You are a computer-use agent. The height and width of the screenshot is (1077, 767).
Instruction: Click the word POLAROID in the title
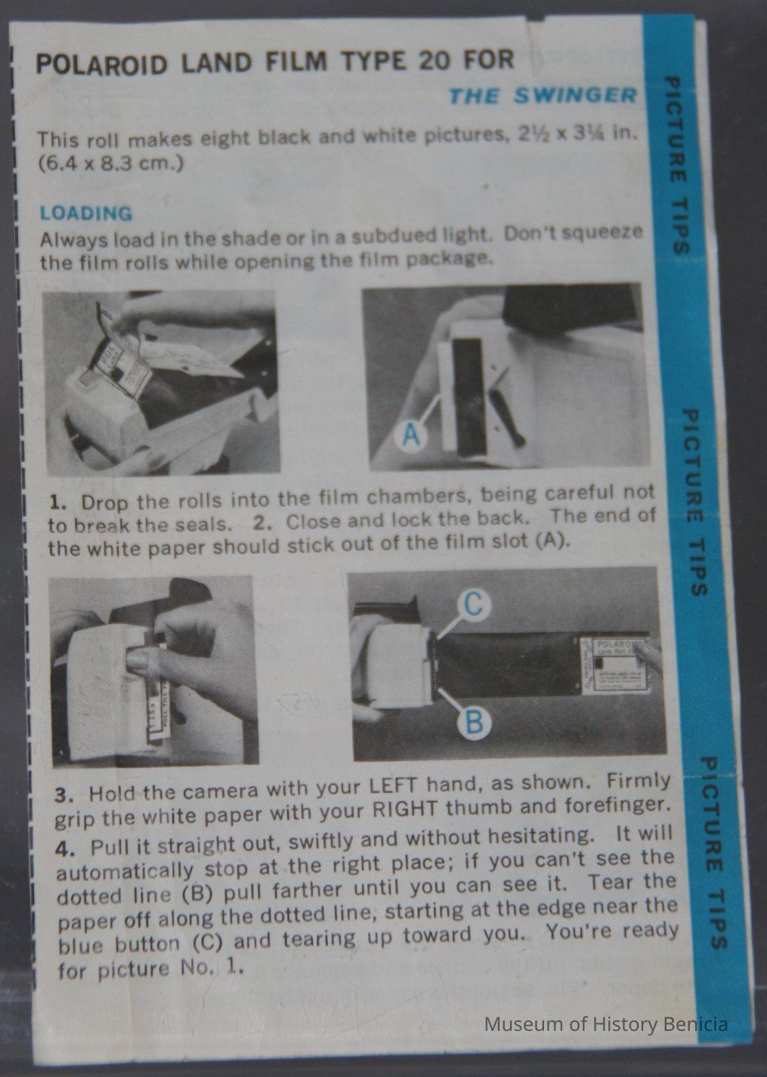click(x=103, y=65)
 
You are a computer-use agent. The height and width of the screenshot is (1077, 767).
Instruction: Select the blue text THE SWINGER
click(x=543, y=95)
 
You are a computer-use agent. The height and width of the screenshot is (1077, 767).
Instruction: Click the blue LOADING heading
click(x=86, y=214)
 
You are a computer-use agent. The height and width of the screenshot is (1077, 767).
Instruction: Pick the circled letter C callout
click(x=475, y=604)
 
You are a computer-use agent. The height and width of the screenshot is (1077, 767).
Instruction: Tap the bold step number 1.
click(x=57, y=503)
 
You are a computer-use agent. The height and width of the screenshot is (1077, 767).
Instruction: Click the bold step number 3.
click(x=64, y=795)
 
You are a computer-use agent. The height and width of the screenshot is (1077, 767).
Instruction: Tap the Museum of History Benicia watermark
click(x=606, y=1024)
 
